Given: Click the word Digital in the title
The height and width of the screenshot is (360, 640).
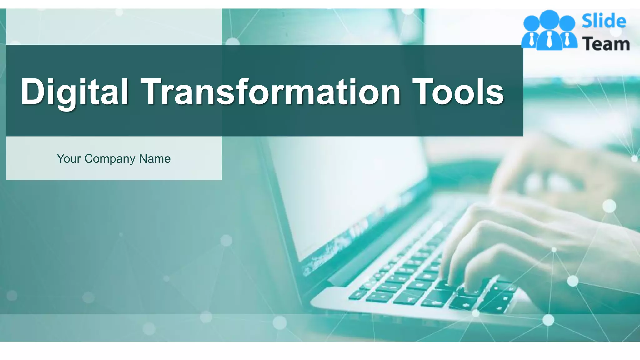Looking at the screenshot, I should pos(74,92).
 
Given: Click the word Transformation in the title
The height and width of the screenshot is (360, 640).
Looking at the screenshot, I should pos(271,92).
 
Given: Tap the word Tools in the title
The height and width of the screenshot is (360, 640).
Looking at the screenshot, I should pos(458,92).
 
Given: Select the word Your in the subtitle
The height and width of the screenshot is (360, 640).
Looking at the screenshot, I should pos(69,159).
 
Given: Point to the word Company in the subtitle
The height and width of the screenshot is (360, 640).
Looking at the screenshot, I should pos(110,159).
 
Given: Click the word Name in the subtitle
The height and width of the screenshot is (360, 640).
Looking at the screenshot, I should pos(155,159).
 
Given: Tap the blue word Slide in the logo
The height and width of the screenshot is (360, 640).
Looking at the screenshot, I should pos(604,21).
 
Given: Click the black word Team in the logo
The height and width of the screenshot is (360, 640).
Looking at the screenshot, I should pos(606,44).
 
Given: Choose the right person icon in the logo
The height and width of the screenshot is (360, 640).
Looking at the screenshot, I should pos(567,33).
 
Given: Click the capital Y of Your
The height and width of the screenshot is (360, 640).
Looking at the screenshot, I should pos(61,158).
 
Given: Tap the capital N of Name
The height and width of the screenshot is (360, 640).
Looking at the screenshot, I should pos(143,158).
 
